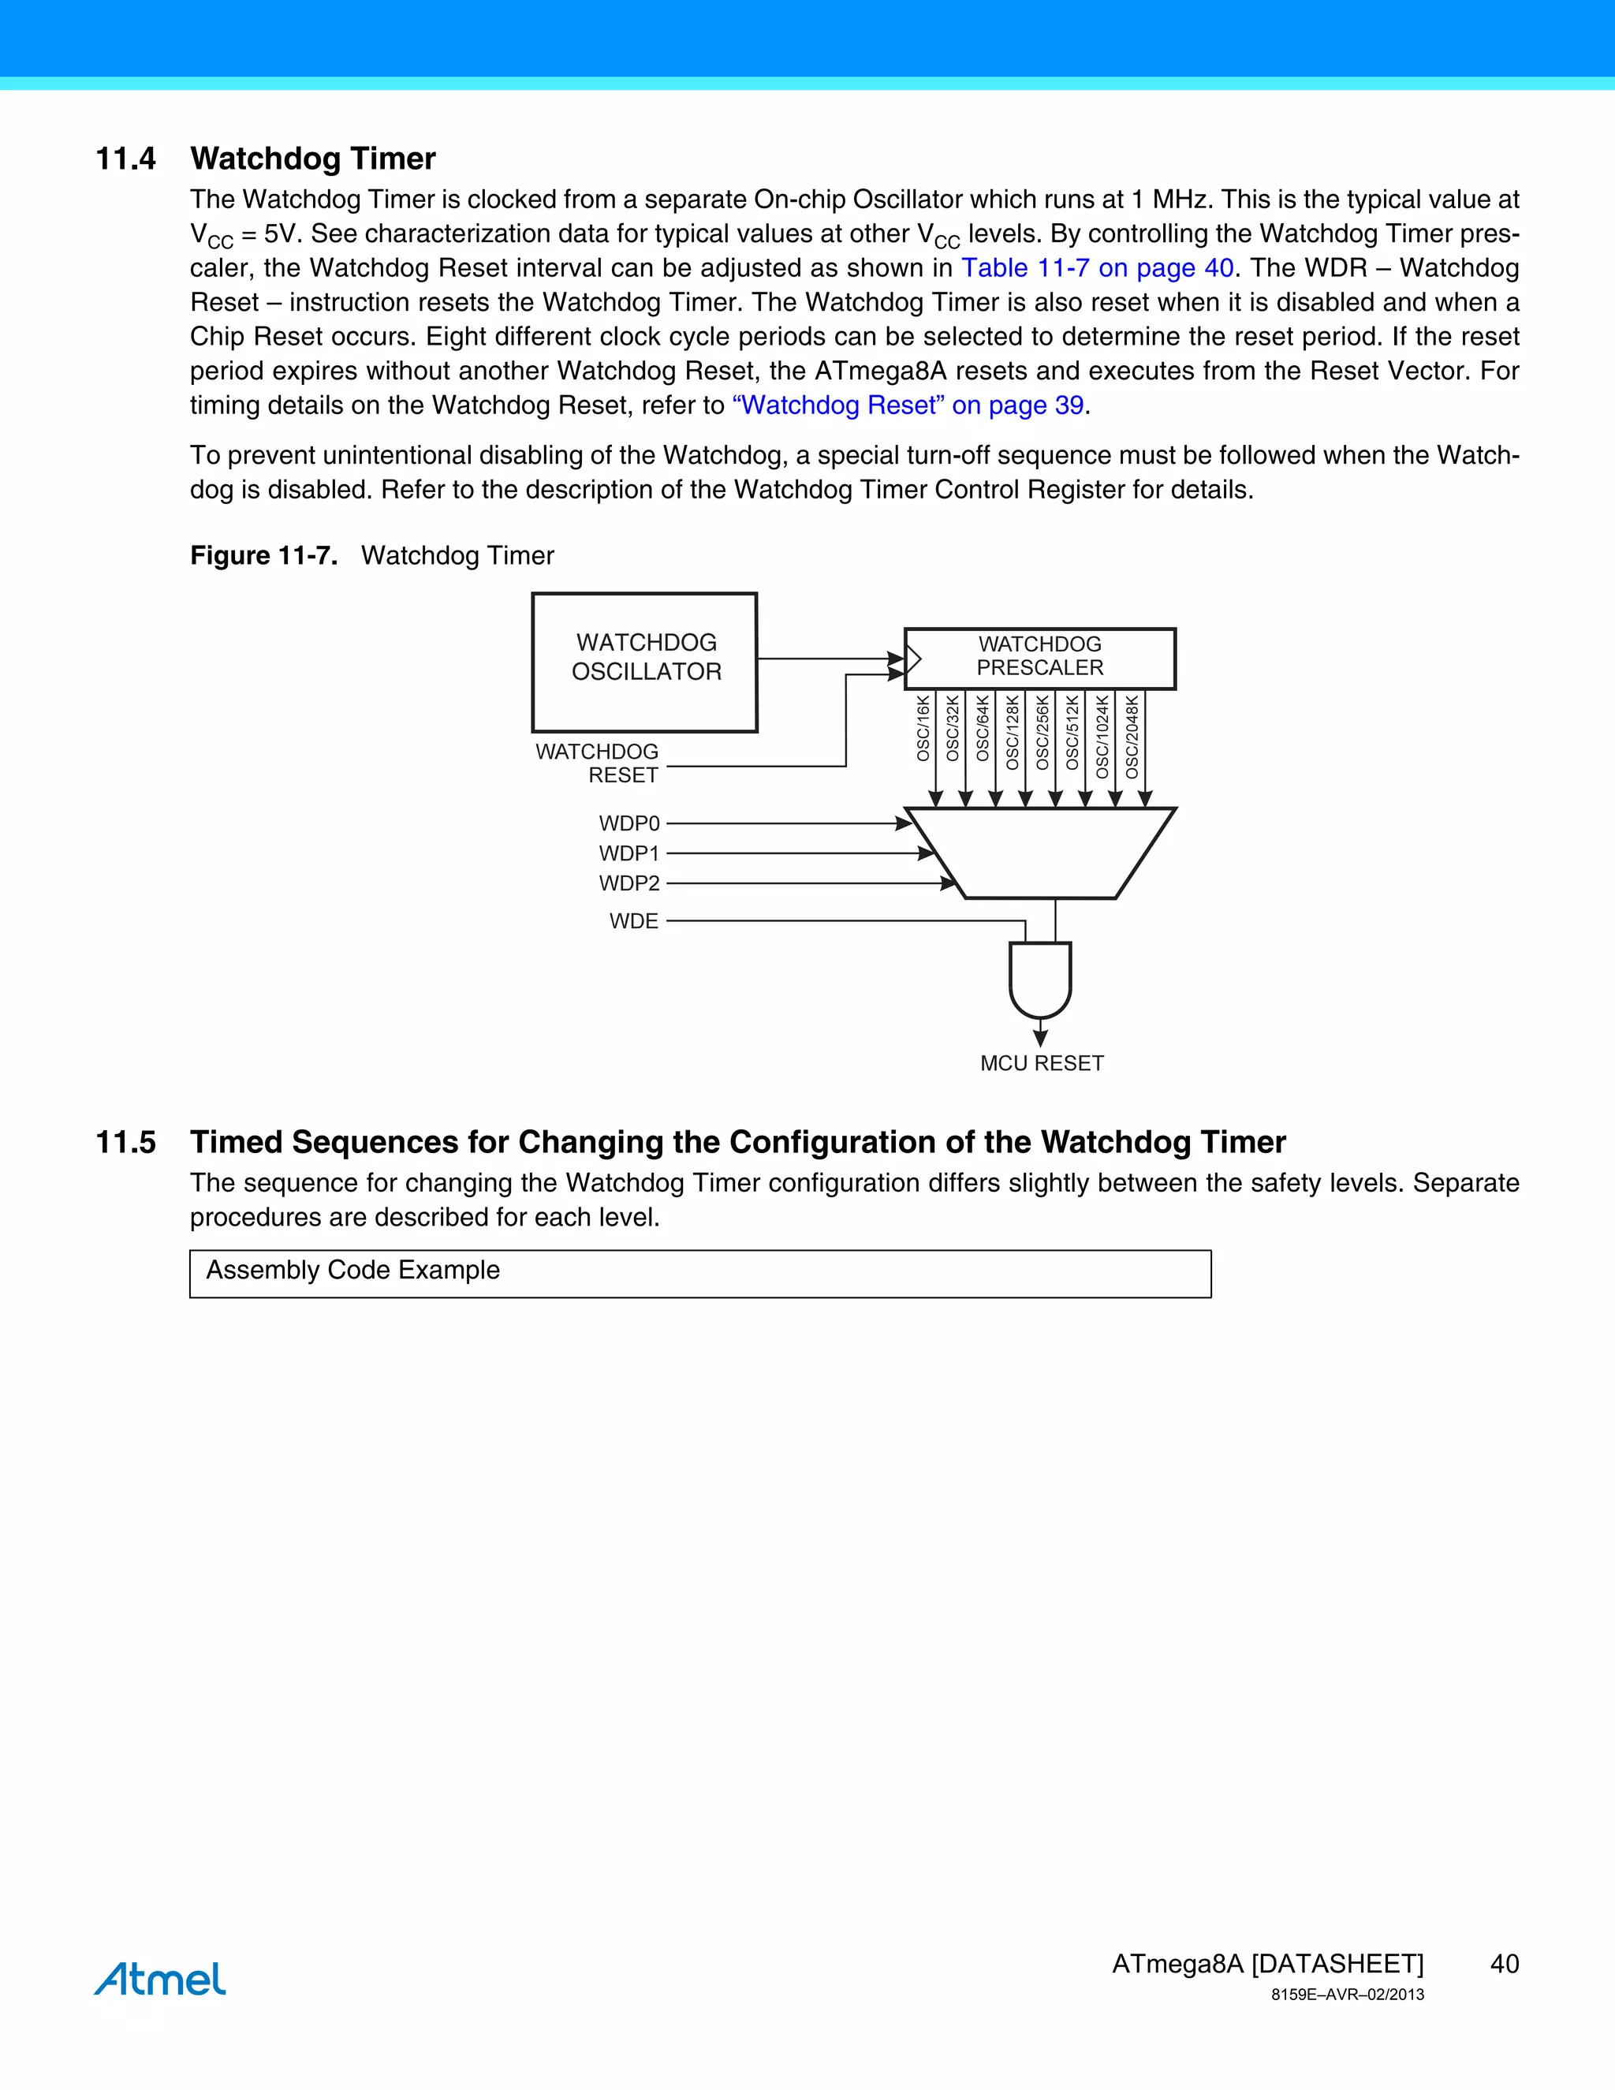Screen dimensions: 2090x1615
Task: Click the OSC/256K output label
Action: click(x=1042, y=732)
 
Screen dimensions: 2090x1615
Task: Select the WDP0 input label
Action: click(x=628, y=823)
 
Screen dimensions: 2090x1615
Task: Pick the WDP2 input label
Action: click(x=628, y=883)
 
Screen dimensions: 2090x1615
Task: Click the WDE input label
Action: click(x=633, y=920)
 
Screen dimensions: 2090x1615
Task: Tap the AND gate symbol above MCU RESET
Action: click(x=1040, y=979)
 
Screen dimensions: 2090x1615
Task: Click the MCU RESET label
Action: click(x=1041, y=1063)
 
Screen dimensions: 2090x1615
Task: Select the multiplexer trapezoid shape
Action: click(x=1040, y=853)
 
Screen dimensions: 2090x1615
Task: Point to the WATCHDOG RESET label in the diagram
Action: click(x=598, y=763)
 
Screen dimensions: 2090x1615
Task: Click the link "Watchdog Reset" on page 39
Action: click(x=907, y=405)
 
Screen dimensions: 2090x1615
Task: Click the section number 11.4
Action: click(x=125, y=158)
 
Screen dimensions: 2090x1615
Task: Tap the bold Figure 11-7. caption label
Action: click(x=263, y=555)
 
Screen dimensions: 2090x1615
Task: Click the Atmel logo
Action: click(x=160, y=1978)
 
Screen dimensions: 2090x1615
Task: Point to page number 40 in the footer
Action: click(x=1504, y=1964)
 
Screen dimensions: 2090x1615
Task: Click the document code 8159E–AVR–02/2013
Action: click(x=1346, y=1995)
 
